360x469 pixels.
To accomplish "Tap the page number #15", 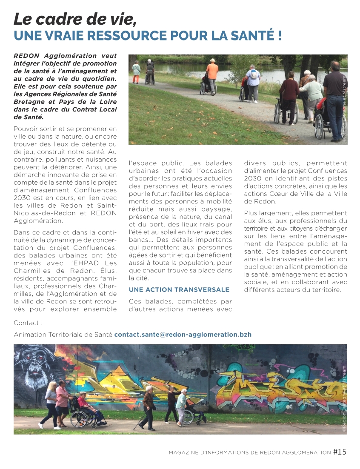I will [x=340, y=452].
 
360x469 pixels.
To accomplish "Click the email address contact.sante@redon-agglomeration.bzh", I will [x=183, y=335].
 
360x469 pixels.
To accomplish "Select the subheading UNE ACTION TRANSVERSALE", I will [x=179, y=290].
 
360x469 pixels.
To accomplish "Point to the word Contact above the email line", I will [x=28, y=323].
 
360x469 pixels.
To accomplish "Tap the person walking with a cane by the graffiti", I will [x=148, y=406].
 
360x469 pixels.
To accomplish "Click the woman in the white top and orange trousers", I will [x=136, y=71].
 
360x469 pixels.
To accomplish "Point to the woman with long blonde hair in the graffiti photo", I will [x=51, y=402].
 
